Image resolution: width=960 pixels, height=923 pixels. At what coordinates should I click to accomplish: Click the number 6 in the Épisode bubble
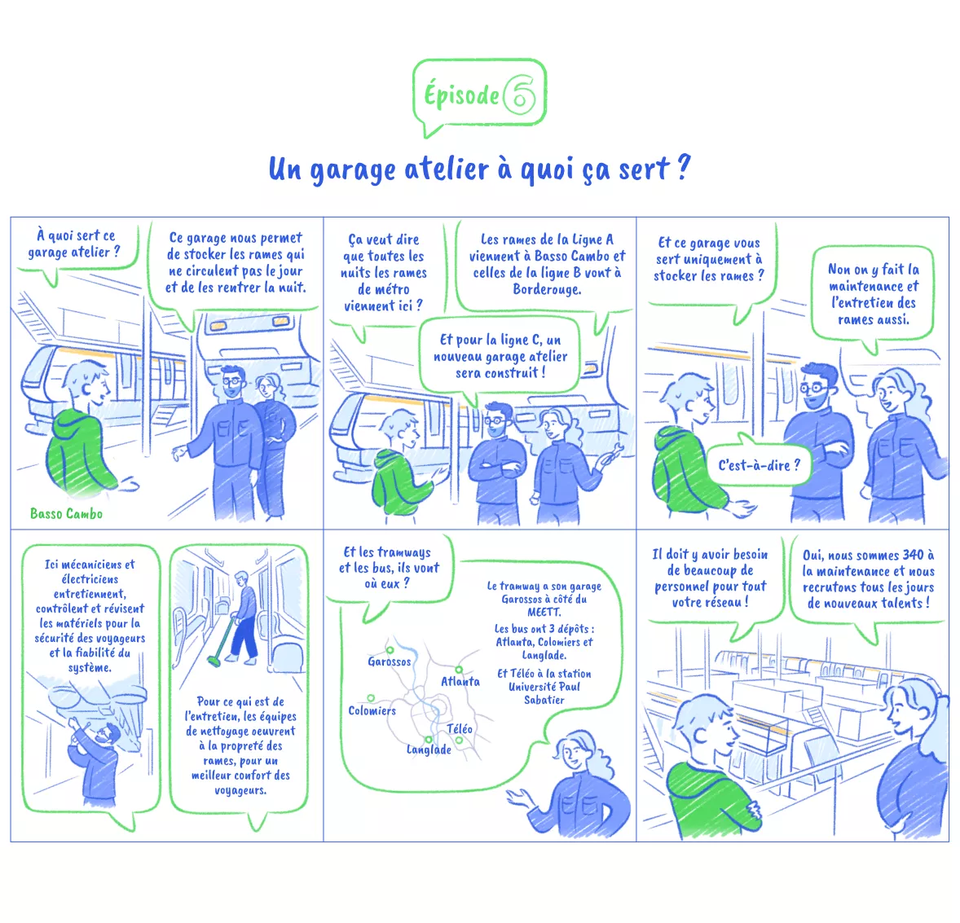click(520, 95)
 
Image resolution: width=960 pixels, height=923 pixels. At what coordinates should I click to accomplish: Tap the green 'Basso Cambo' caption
click(66, 513)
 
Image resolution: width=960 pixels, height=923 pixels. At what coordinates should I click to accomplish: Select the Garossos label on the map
click(389, 661)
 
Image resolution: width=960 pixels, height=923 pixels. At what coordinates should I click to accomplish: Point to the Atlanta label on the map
click(460, 681)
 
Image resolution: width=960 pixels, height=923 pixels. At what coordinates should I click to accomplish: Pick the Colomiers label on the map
click(372, 710)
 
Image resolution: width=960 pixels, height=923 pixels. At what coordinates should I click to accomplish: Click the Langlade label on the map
click(429, 749)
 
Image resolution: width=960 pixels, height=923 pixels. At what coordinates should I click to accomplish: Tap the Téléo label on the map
click(460, 728)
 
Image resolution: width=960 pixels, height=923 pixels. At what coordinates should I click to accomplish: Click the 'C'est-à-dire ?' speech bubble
click(759, 465)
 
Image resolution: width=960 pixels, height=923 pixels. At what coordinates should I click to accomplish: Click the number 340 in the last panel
click(912, 556)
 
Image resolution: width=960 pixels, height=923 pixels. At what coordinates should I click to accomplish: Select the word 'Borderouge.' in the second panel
click(546, 289)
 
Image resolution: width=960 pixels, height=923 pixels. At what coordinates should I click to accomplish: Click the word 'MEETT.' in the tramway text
click(544, 612)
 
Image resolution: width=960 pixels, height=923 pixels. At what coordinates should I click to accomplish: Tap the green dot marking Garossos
click(390, 649)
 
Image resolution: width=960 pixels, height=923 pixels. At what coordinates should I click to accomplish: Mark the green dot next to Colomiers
click(371, 698)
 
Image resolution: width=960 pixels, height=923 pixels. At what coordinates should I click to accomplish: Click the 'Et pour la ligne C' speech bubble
click(500, 356)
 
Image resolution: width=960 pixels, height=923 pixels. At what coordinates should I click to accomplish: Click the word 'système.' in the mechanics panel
click(90, 667)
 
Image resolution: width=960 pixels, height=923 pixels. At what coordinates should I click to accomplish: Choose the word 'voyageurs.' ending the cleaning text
click(240, 789)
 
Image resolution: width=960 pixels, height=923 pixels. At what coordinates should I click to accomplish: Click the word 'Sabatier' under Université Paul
click(544, 700)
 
